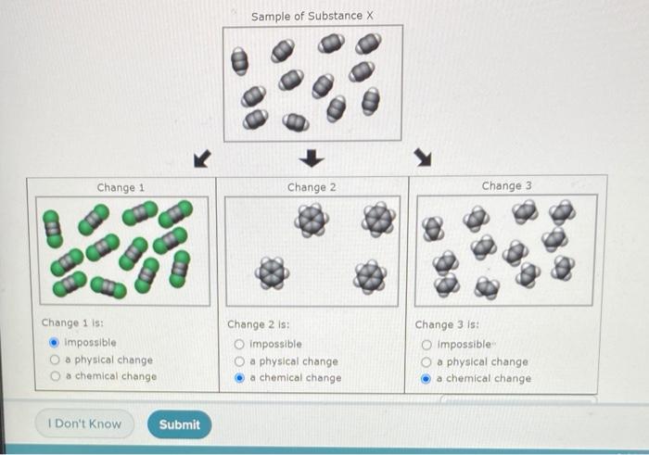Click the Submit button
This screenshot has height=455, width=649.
click(179, 424)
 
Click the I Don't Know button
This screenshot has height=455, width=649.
click(84, 424)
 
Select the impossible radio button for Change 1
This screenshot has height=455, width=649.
click(54, 342)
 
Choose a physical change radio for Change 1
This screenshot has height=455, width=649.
click(54, 360)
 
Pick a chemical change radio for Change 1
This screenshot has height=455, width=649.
click(54, 376)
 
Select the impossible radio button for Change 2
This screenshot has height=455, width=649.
click(240, 343)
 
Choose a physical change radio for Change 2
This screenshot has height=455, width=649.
click(240, 360)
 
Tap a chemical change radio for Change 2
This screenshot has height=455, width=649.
click(240, 378)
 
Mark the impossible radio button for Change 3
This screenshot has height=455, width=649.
click(427, 344)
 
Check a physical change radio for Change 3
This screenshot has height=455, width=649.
click(427, 361)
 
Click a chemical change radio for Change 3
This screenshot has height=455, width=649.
click(427, 378)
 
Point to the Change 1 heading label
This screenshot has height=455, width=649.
click(121, 187)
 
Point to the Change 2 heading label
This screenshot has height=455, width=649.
click(312, 187)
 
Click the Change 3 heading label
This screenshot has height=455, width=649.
click(506, 185)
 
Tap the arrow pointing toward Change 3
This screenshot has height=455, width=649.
click(425, 159)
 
